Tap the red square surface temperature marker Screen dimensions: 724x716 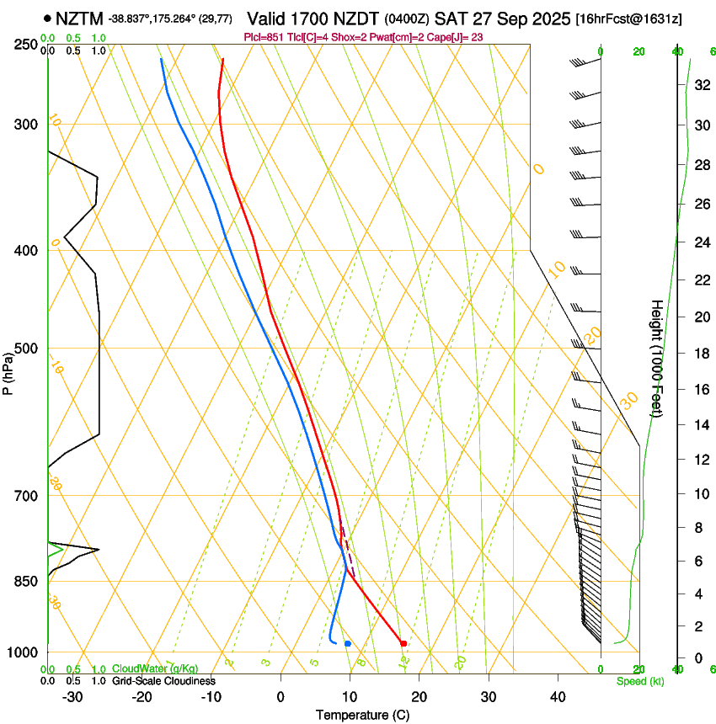click(403, 643)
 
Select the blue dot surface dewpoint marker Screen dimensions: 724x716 click(347, 644)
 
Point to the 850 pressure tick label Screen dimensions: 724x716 click(26, 581)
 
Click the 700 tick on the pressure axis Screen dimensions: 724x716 click(26, 495)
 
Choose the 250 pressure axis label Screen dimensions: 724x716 click(26, 44)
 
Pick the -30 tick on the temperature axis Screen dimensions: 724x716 click(72, 697)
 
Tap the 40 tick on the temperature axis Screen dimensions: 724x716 click(557, 697)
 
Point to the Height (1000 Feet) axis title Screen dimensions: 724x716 click(657, 358)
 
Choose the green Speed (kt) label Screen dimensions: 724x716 click(635, 681)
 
